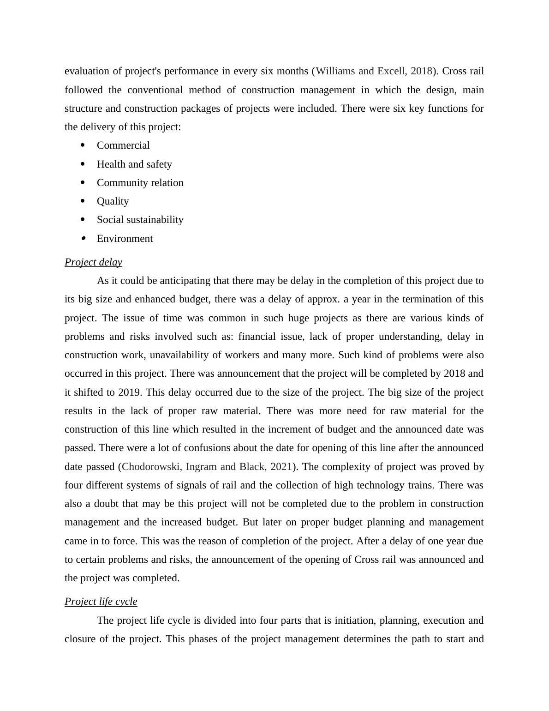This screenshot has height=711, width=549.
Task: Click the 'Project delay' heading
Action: [93, 262]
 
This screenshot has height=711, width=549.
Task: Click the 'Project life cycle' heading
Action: [101, 602]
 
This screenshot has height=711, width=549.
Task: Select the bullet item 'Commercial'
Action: [123, 145]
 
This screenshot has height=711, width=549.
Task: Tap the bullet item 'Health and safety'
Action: [134, 164]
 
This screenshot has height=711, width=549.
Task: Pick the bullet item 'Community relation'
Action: [140, 183]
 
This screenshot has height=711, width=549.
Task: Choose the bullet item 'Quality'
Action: [113, 201]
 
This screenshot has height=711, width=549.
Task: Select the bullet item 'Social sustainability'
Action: [140, 220]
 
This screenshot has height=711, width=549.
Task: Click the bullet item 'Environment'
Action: [125, 239]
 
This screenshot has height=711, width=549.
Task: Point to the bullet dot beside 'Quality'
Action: [83, 201]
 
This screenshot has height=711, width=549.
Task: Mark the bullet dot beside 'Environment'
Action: [83, 238]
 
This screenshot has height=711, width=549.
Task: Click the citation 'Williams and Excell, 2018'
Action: [374, 71]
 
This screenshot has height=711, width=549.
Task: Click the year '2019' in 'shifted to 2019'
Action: [130, 392]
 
